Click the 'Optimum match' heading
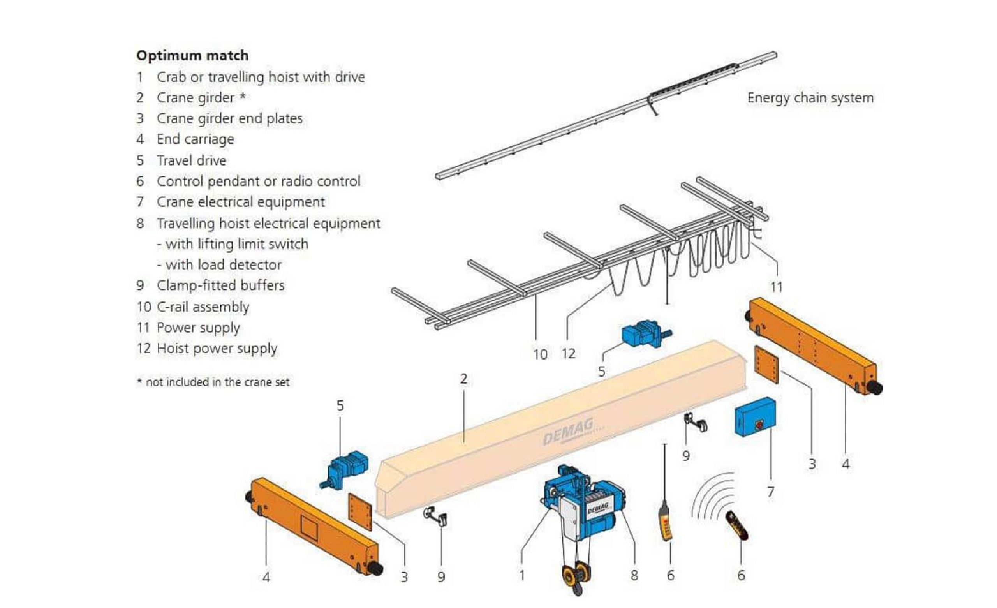(x=192, y=55)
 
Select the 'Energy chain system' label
(x=810, y=98)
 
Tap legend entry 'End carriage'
(x=195, y=139)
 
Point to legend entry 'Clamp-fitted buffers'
(x=220, y=285)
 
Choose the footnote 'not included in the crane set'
(x=217, y=382)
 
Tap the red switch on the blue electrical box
(x=759, y=425)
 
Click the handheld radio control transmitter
(x=736, y=525)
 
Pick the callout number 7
(x=770, y=492)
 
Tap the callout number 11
(x=776, y=287)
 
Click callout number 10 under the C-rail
(x=540, y=354)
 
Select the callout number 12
(x=568, y=354)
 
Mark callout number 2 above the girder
(x=464, y=379)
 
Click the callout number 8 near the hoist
(x=634, y=575)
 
